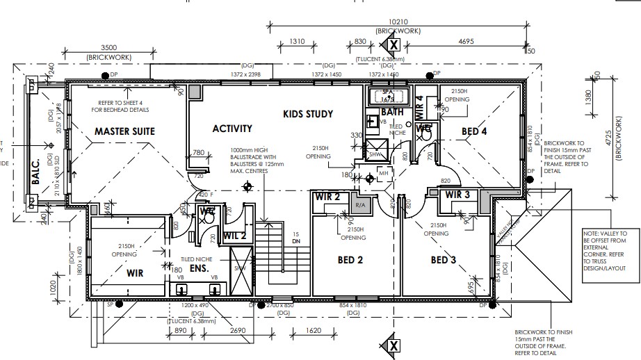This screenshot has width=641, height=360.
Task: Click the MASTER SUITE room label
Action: pos(124,131)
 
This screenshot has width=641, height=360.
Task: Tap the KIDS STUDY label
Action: pos(308,114)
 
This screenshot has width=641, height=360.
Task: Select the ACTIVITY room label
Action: pos(232,129)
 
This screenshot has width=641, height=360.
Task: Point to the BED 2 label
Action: pos(352,261)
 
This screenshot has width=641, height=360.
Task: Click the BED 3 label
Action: pos(443,261)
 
